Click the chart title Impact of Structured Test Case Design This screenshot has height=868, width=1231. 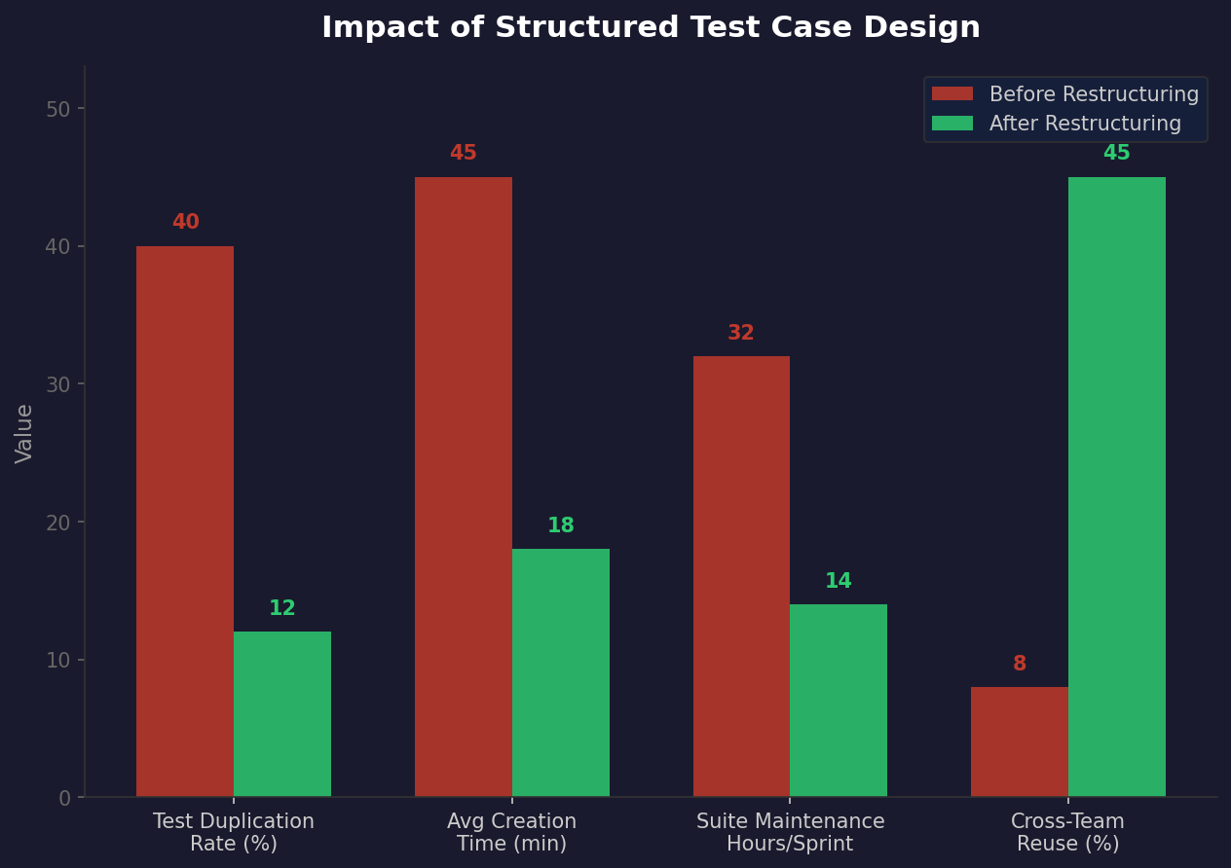(651, 28)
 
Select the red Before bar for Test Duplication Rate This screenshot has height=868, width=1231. (185, 522)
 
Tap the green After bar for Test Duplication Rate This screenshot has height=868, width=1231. (282, 714)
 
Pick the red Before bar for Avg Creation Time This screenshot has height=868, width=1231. (464, 487)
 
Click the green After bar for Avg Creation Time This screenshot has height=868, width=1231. (561, 673)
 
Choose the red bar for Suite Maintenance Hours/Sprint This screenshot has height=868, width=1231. (741, 576)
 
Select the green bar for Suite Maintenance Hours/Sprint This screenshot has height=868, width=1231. (839, 701)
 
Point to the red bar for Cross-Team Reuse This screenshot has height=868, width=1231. (1020, 741)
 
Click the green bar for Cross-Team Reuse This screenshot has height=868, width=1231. (1117, 487)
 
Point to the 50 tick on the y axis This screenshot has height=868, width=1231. (58, 109)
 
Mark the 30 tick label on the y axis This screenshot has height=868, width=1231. (58, 384)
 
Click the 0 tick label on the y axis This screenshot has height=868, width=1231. (64, 798)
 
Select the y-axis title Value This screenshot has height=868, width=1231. (25, 433)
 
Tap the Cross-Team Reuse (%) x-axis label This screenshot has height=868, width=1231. (1067, 833)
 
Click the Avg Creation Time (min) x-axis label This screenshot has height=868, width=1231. (511, 833)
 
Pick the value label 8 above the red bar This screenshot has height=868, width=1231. (1020, 665)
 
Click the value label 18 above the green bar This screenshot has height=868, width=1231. (561, 526)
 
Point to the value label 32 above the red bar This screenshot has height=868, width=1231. (741, 334)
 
